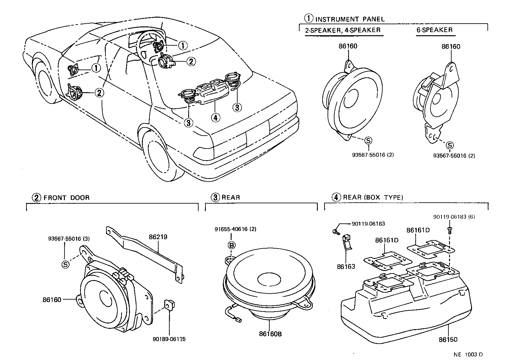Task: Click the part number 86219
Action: pyautogui.click(x=158, y=237)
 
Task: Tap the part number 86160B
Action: pyautogui.click(x=270, y=334)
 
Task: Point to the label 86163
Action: pyautogui.click(x=346, y=267)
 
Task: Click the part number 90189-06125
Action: pyautogui.click(x=169, y=339)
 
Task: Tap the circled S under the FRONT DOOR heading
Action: pyautogui.click(x=65, y=264)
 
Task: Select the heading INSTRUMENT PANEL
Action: pyautogui.click(x=350, y=19)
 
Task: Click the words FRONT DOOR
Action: pyautogui.click(x=66, y=198)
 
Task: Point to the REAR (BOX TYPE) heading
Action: pyautogui.click(x=373, y=198)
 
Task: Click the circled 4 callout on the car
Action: pyautogui.click(x=215, y=117)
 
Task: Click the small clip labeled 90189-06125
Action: pyautogui.click(x=170, y=305)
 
